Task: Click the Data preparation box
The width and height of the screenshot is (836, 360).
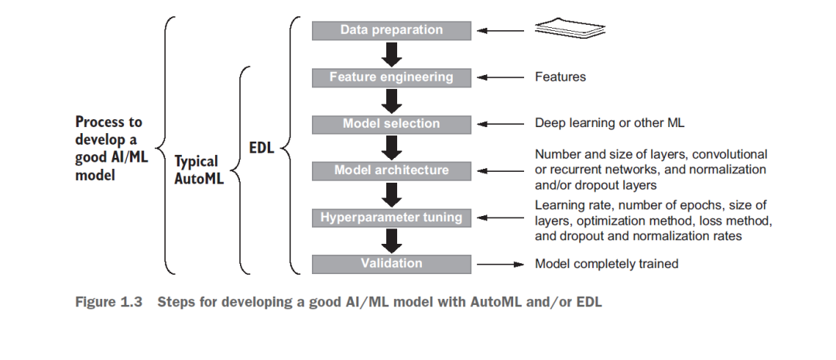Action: point(392,30)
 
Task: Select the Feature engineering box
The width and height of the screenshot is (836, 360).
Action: point(392,77)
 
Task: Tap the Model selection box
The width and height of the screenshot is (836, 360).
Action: point(392,125)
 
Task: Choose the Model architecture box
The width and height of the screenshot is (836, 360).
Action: point(392,171)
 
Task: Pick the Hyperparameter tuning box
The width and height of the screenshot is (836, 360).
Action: point(392,218)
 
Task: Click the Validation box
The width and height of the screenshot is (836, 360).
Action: point(392,264)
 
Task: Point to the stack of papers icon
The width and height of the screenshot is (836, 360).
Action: point(570,29)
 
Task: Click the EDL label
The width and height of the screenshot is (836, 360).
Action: point(262,148)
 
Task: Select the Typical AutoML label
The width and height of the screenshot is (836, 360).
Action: point(199,170)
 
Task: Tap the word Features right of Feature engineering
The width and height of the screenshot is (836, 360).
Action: point(560,77)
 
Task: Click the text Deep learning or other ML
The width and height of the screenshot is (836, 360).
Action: point(609,123)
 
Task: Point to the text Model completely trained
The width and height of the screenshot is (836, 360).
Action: point(607,263)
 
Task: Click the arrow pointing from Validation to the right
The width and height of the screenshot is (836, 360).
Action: point(501,264)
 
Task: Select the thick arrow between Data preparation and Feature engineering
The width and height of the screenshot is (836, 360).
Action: point(392,54)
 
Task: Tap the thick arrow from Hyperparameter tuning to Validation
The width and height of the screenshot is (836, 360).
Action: point(392,241)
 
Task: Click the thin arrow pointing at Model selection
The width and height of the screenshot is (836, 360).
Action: point(501,124)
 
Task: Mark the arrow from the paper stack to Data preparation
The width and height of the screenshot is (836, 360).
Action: point(501,30)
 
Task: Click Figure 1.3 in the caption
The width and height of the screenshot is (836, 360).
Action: point(109,302)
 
